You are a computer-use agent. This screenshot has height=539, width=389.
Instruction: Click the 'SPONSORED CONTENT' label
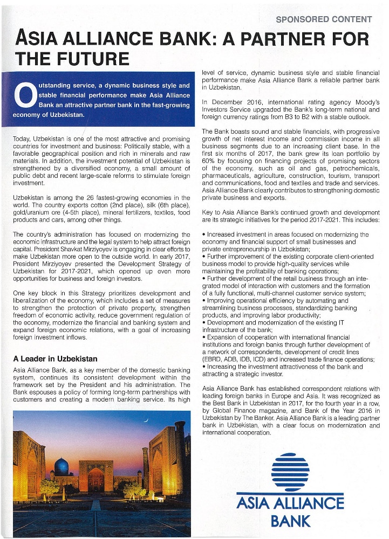pyautogui.click(x=324, y=19)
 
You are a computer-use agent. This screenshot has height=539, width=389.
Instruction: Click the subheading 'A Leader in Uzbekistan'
pyautogui.click(x=55, y=358)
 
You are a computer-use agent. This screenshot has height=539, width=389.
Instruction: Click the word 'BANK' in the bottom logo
pyautogui.click(x=291, y=521)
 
